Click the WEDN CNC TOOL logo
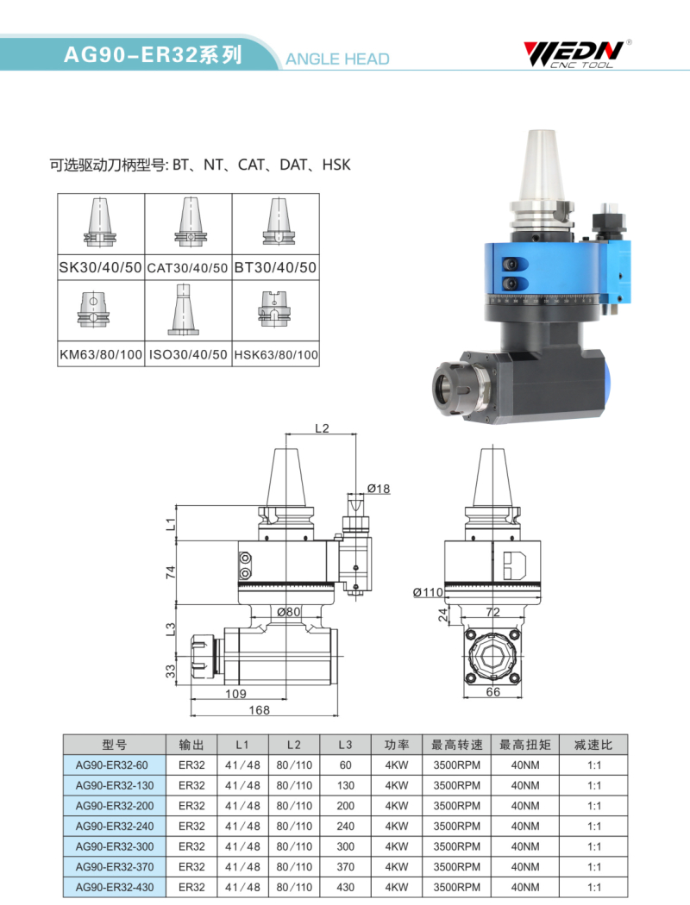click(576, 53)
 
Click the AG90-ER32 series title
click(153, 54)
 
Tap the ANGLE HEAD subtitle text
click(338, 59)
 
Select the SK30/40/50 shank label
click(100, 267)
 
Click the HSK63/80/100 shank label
click(276, 354)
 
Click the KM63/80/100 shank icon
click(94, 309)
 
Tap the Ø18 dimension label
click(379, 489)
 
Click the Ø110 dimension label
click(428, 591)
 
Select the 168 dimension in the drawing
click(260, 710)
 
